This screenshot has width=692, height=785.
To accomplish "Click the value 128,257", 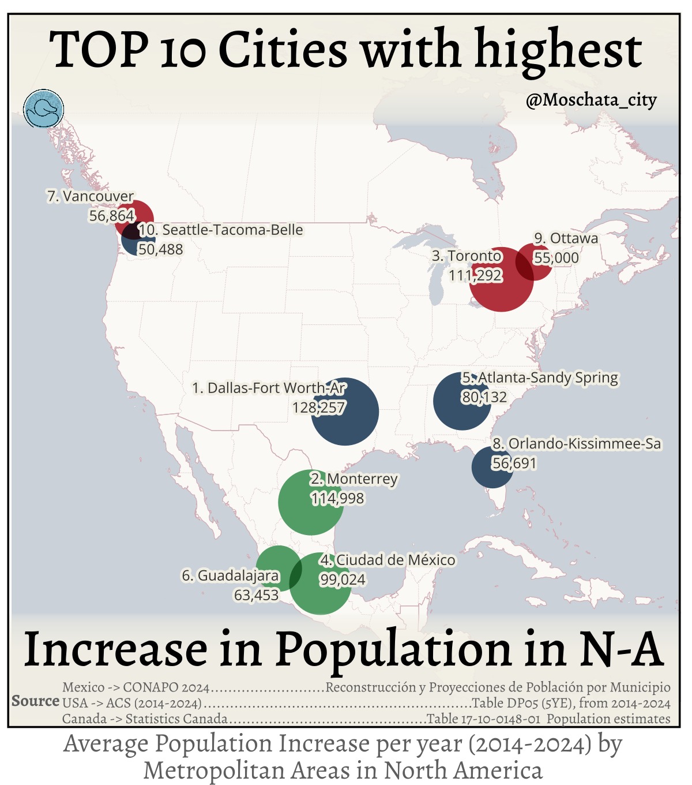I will (318, 408).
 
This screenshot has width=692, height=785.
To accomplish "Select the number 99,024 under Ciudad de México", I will (343, 580).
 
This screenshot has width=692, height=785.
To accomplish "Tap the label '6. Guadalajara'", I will (230, 575).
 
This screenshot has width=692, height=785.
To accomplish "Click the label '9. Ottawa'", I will (566, 238).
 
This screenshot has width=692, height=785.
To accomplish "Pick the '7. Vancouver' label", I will (90, 196).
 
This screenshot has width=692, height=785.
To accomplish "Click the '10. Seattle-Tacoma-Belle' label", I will (221, 230).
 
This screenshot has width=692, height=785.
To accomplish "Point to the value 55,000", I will (556, 257).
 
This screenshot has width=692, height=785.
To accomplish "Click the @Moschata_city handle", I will (591, 100).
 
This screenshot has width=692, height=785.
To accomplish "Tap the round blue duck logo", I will (44, 109).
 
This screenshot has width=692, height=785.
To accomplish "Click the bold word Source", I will (35, 701).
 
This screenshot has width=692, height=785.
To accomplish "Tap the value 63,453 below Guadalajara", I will (256, 595).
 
